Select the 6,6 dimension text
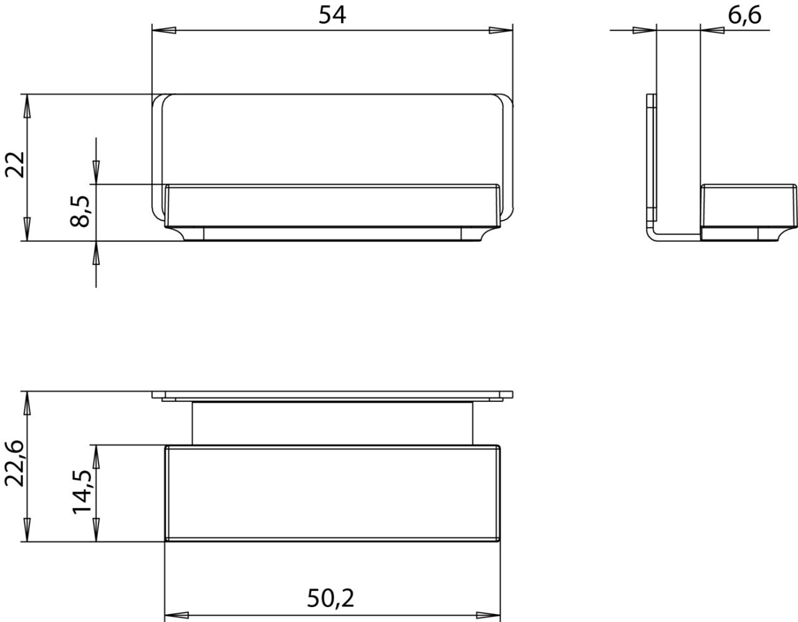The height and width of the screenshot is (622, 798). [x=744, y=16]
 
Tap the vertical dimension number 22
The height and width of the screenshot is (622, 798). [x=15, y=165]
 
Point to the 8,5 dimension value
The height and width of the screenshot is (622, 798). [x=79, y=211]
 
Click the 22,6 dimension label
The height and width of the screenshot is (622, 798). [x=15, y=464]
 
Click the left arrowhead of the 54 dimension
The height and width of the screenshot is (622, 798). [x=164, y=31]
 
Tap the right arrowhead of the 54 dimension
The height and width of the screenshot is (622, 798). [x=501, y=31]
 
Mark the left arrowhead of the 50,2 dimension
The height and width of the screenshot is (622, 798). [x=176, y=615]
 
